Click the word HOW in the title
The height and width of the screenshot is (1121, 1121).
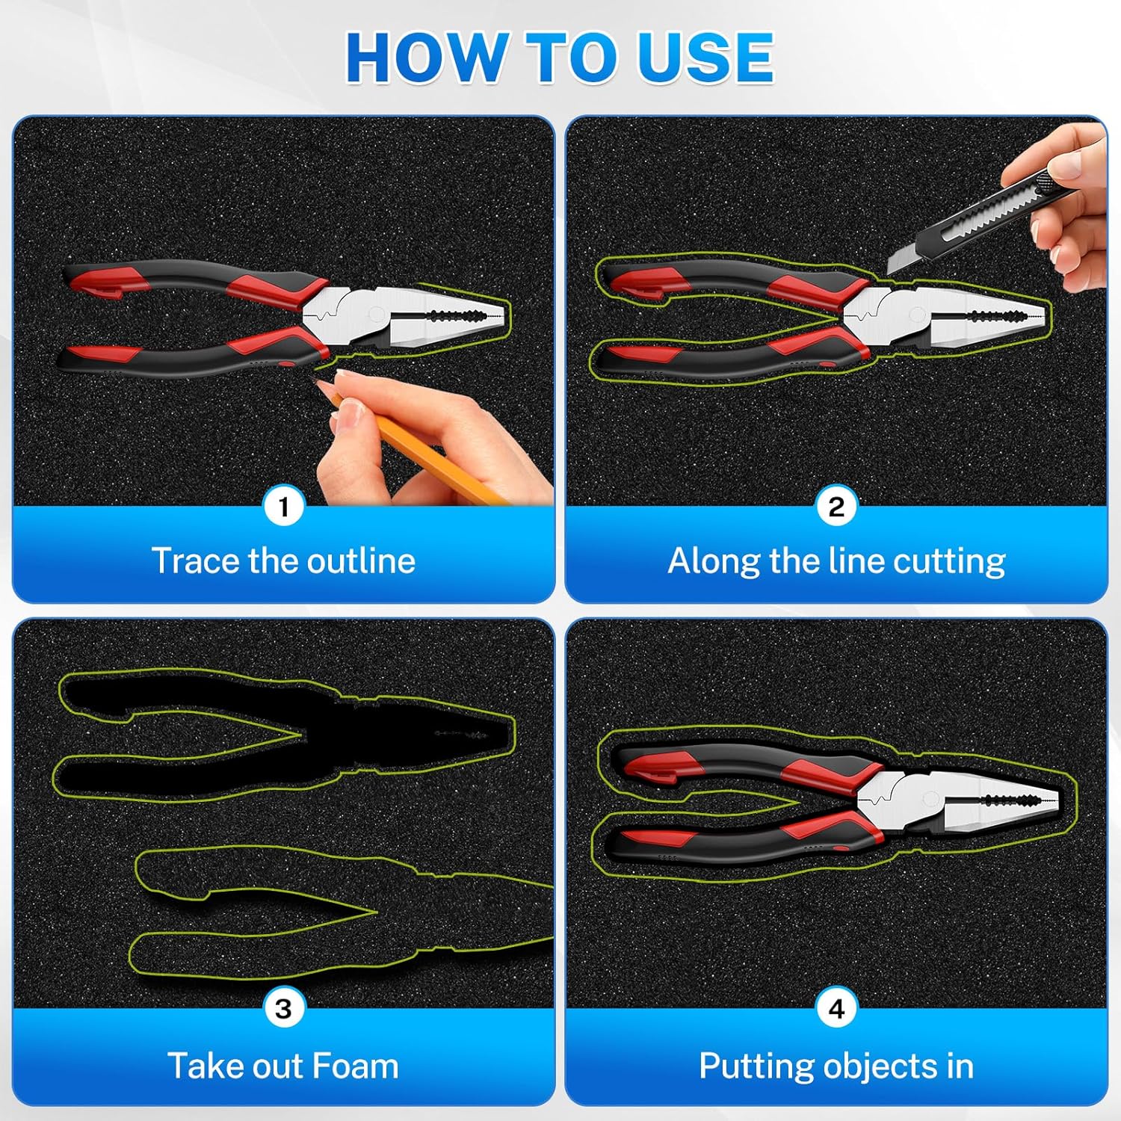[425, 58]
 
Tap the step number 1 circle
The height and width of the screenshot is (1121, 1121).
[283, 507]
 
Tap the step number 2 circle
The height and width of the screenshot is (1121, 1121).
[836, 507]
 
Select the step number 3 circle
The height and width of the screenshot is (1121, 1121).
[283, 1009]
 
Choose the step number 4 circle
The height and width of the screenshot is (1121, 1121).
[836, 1009]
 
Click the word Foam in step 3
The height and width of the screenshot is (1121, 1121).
[356, 1066]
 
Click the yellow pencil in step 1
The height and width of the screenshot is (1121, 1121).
[419, 444]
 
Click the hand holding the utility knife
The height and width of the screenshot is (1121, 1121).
[1061, 202]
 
